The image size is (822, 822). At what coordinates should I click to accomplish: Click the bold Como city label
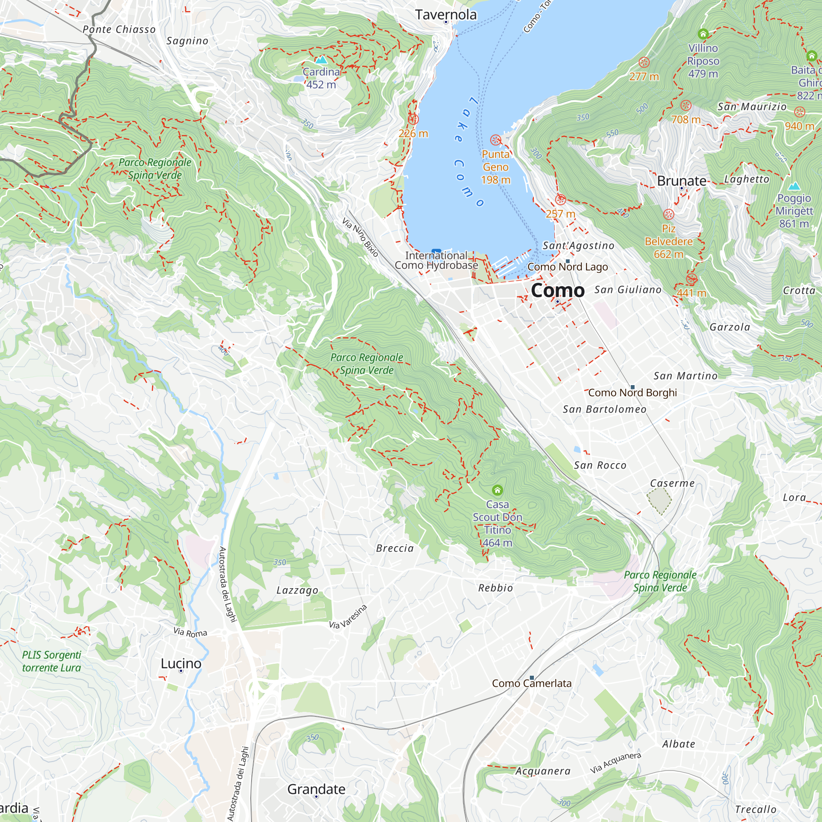click(557, 291)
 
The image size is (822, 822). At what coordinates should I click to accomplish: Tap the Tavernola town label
click(446, 15)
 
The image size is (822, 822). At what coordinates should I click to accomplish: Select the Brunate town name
click(681, 181)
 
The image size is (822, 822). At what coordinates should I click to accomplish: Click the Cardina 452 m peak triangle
click(321, 60)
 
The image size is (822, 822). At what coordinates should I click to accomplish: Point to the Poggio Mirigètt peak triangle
click(794, 186)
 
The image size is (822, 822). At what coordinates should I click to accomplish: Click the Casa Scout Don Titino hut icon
click(497, 490)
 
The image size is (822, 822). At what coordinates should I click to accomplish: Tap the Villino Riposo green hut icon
click(703, 34)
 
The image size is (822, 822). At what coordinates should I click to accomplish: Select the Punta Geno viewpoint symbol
click(495, 140)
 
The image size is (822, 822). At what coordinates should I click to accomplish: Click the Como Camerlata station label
click(531, 683)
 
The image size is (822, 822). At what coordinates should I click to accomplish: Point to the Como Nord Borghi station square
click(632, 387)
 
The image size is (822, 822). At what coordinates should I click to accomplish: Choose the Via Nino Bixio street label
click(360, 238)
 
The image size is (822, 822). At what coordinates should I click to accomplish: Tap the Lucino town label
click(181, 663)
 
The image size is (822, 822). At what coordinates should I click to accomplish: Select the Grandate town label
click(316, 789)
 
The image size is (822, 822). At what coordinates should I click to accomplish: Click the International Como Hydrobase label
click(436, 261)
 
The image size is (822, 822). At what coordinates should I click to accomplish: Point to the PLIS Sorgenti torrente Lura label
click(51, 661)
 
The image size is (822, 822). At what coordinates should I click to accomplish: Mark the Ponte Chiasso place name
click(119, 29)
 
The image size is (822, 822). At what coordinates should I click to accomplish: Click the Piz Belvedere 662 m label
click(668, 241)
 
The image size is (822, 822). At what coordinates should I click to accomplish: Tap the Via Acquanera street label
click(615, 763)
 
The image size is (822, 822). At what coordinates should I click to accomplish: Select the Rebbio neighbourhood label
click(495, 588)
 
